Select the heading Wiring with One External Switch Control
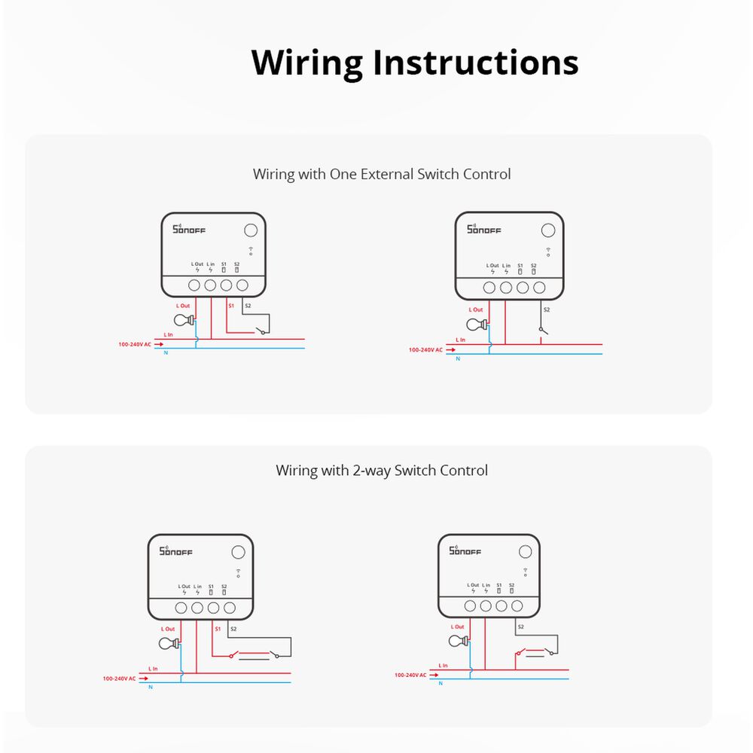382,174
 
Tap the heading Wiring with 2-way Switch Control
382,471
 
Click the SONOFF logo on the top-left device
189,229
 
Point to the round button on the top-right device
548,231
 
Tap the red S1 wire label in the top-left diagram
231,306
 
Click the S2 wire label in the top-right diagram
547,309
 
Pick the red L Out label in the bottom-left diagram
169,629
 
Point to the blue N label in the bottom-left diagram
151,687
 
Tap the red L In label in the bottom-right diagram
443,666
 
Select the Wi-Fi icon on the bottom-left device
237,572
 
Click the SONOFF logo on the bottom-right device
464,551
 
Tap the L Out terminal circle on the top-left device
194,285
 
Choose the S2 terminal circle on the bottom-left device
230,607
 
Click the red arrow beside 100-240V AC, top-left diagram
158,344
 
